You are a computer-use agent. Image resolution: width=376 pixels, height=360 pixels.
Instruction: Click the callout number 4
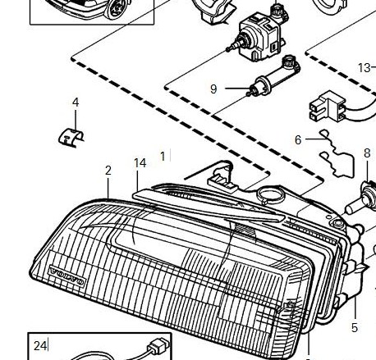pyautogui.click(x=76, y=103)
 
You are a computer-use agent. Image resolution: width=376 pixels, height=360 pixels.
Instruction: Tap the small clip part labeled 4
pyautogui.click(x=71, y=139)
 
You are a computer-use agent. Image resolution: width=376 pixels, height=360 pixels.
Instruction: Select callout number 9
pyautogui.click(x=213, y=89)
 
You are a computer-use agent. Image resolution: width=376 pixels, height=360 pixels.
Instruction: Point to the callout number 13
pyautogui.click(x=364, y=68)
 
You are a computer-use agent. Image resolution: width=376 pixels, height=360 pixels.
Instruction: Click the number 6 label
pyautogui.click(x=298, y=140)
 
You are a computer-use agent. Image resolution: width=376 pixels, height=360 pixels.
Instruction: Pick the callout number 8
pyautogui.click(x=367, y=153)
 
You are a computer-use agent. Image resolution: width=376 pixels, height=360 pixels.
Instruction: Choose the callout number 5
pyautogui.click(x=355, y=328)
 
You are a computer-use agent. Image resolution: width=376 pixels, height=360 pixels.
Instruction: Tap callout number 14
pyautogui.click(x=140, y=163)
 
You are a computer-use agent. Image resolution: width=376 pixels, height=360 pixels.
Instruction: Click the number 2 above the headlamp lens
pyautogui.click(x=108, y=171)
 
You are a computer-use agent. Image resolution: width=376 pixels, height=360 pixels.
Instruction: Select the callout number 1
pyautogui.click(x=163, y=157)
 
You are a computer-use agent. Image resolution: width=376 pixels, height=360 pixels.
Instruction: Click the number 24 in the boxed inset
pyautogui.click(x=40, y=346)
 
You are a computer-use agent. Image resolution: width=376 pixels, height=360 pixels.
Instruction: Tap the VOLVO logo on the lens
pyautogui.click(x=66, y=276)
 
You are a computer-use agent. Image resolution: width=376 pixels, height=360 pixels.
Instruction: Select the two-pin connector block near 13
pyautogui.click(x=328, y=107)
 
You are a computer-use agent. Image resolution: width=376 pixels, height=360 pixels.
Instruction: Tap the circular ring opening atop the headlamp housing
pyautogui.click(x=271, y=194)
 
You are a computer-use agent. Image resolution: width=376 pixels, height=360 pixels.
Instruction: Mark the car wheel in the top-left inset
pyautogui.click(x=117, y=8)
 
